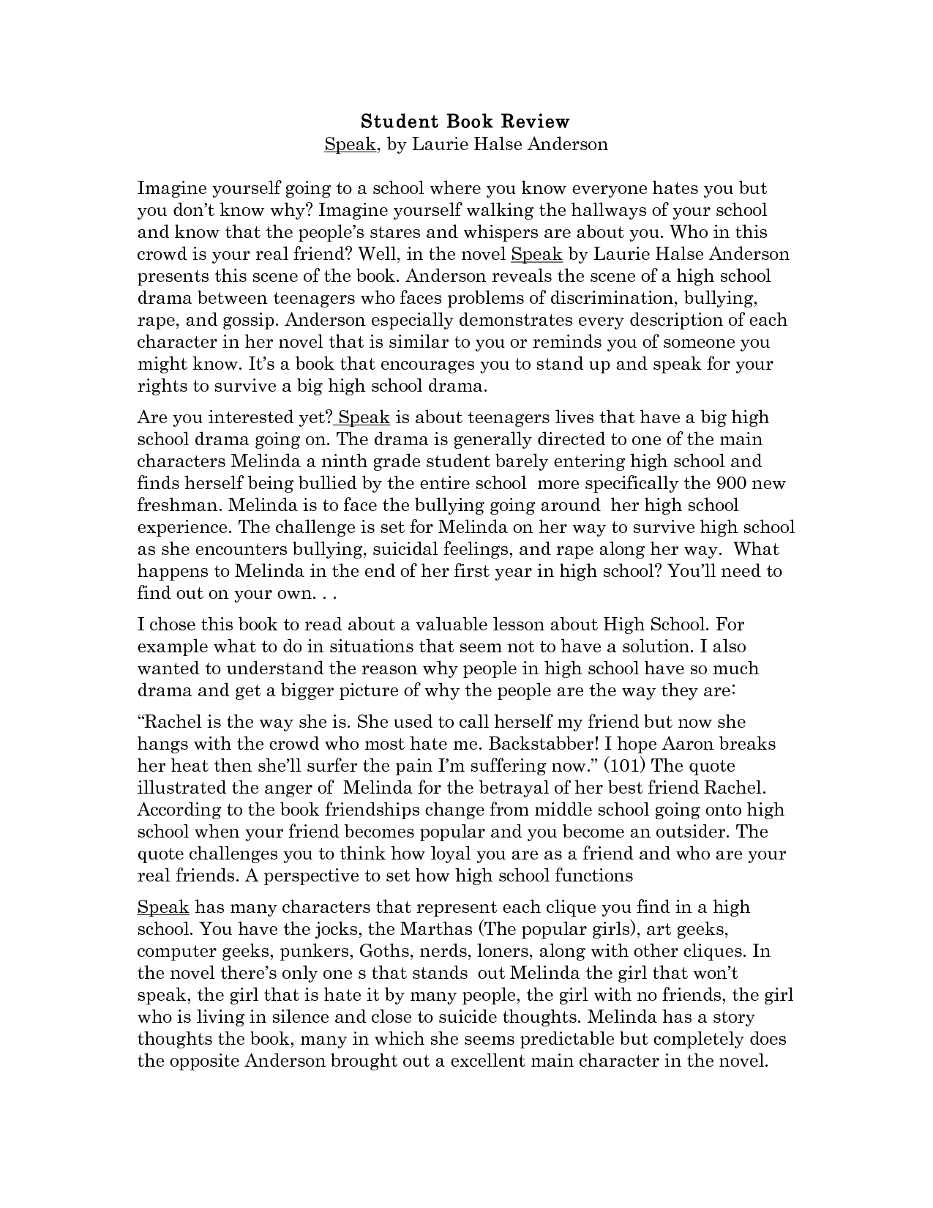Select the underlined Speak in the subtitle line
(350, 144)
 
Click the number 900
(732, 484)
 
